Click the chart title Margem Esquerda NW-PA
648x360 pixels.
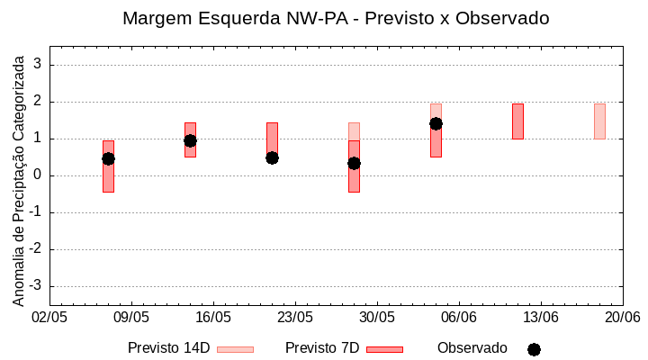pos(336,18)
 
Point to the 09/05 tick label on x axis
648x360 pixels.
pos(131,318)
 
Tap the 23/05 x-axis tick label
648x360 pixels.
pos(295,318)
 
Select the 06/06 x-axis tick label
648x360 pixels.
pos(459,318)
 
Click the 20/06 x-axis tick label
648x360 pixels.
pos(622,318)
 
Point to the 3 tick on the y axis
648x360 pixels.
pos(39,65)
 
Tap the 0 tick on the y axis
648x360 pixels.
pos(39,175)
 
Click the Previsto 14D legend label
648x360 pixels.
pos(168,348)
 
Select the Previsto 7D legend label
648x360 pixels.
pos(322,348)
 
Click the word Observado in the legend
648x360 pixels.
pos(472,348)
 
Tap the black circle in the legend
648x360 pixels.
pos(534,349)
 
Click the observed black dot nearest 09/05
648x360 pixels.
pos(108,158)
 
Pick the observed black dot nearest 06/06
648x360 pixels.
pos(436,123)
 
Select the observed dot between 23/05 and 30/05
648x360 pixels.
pos(354,163)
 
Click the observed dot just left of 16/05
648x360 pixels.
pos(190,140)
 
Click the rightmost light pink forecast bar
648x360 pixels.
pos(599,121)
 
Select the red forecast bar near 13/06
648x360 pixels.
pos(517,121)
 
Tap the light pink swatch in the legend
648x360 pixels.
pos(236,349)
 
